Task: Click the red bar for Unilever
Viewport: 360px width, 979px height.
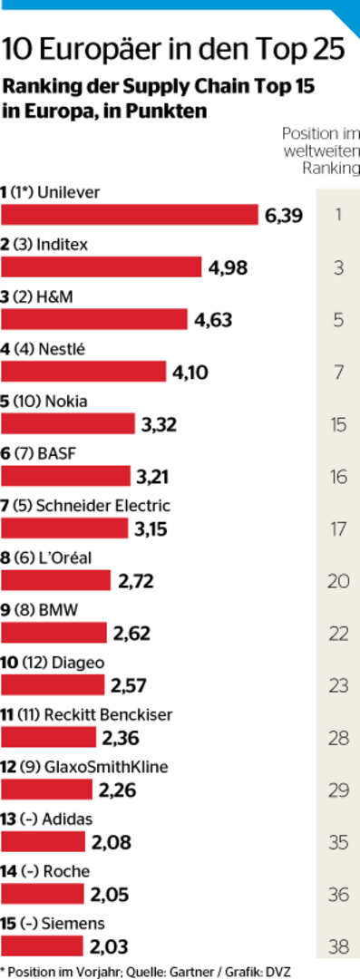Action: (x=130, y=215)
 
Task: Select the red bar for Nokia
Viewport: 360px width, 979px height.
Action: (x=69, y=423)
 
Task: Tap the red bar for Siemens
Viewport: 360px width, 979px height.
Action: (x=44, y=945)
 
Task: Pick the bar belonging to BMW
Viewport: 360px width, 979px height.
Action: (x=54, y=632)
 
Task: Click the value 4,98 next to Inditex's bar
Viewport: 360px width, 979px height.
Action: (x=228, y=267)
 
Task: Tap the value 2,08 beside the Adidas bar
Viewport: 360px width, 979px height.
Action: (x=111, y=842)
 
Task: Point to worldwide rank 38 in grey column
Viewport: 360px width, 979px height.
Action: (x=338, y=946)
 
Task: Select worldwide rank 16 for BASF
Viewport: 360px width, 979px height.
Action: (x=338, y=476)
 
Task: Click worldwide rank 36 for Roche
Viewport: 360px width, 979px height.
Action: (x=338, y=894)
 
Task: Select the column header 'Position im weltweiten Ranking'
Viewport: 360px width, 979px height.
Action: (x=321, y=150)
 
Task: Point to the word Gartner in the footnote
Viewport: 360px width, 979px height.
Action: (x=198, y=971)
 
